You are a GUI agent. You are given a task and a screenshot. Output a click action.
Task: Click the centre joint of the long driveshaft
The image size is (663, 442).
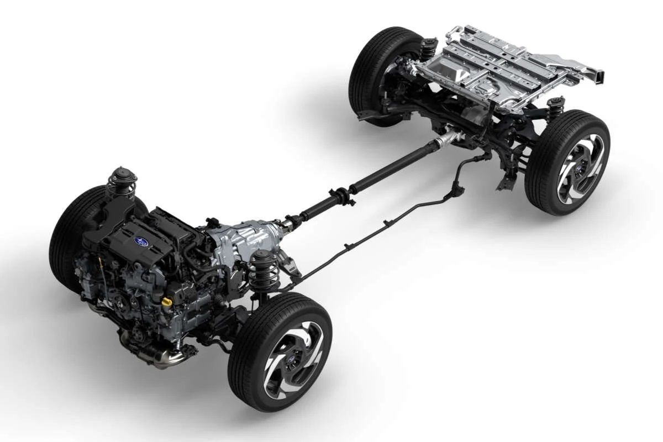click(343, 196)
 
